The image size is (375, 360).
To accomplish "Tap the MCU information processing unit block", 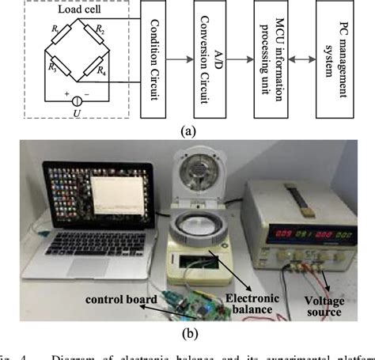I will click(274, 59).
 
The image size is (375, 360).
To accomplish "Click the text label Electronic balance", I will click(243, 303).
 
